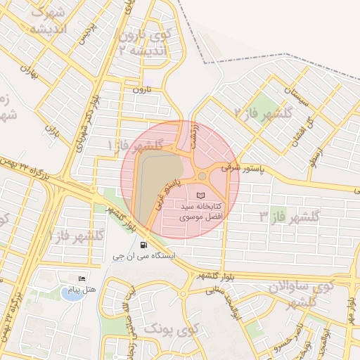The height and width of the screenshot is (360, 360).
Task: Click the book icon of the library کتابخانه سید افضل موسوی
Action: [202, 194]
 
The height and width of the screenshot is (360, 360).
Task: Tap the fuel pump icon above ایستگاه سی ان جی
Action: [144, 245]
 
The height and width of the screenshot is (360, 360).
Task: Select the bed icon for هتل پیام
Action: [82, 279]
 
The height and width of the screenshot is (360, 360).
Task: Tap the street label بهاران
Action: [28, 71]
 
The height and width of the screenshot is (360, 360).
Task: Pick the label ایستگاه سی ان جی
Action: [143, 257]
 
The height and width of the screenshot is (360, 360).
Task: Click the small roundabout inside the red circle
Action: [202, 176]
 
